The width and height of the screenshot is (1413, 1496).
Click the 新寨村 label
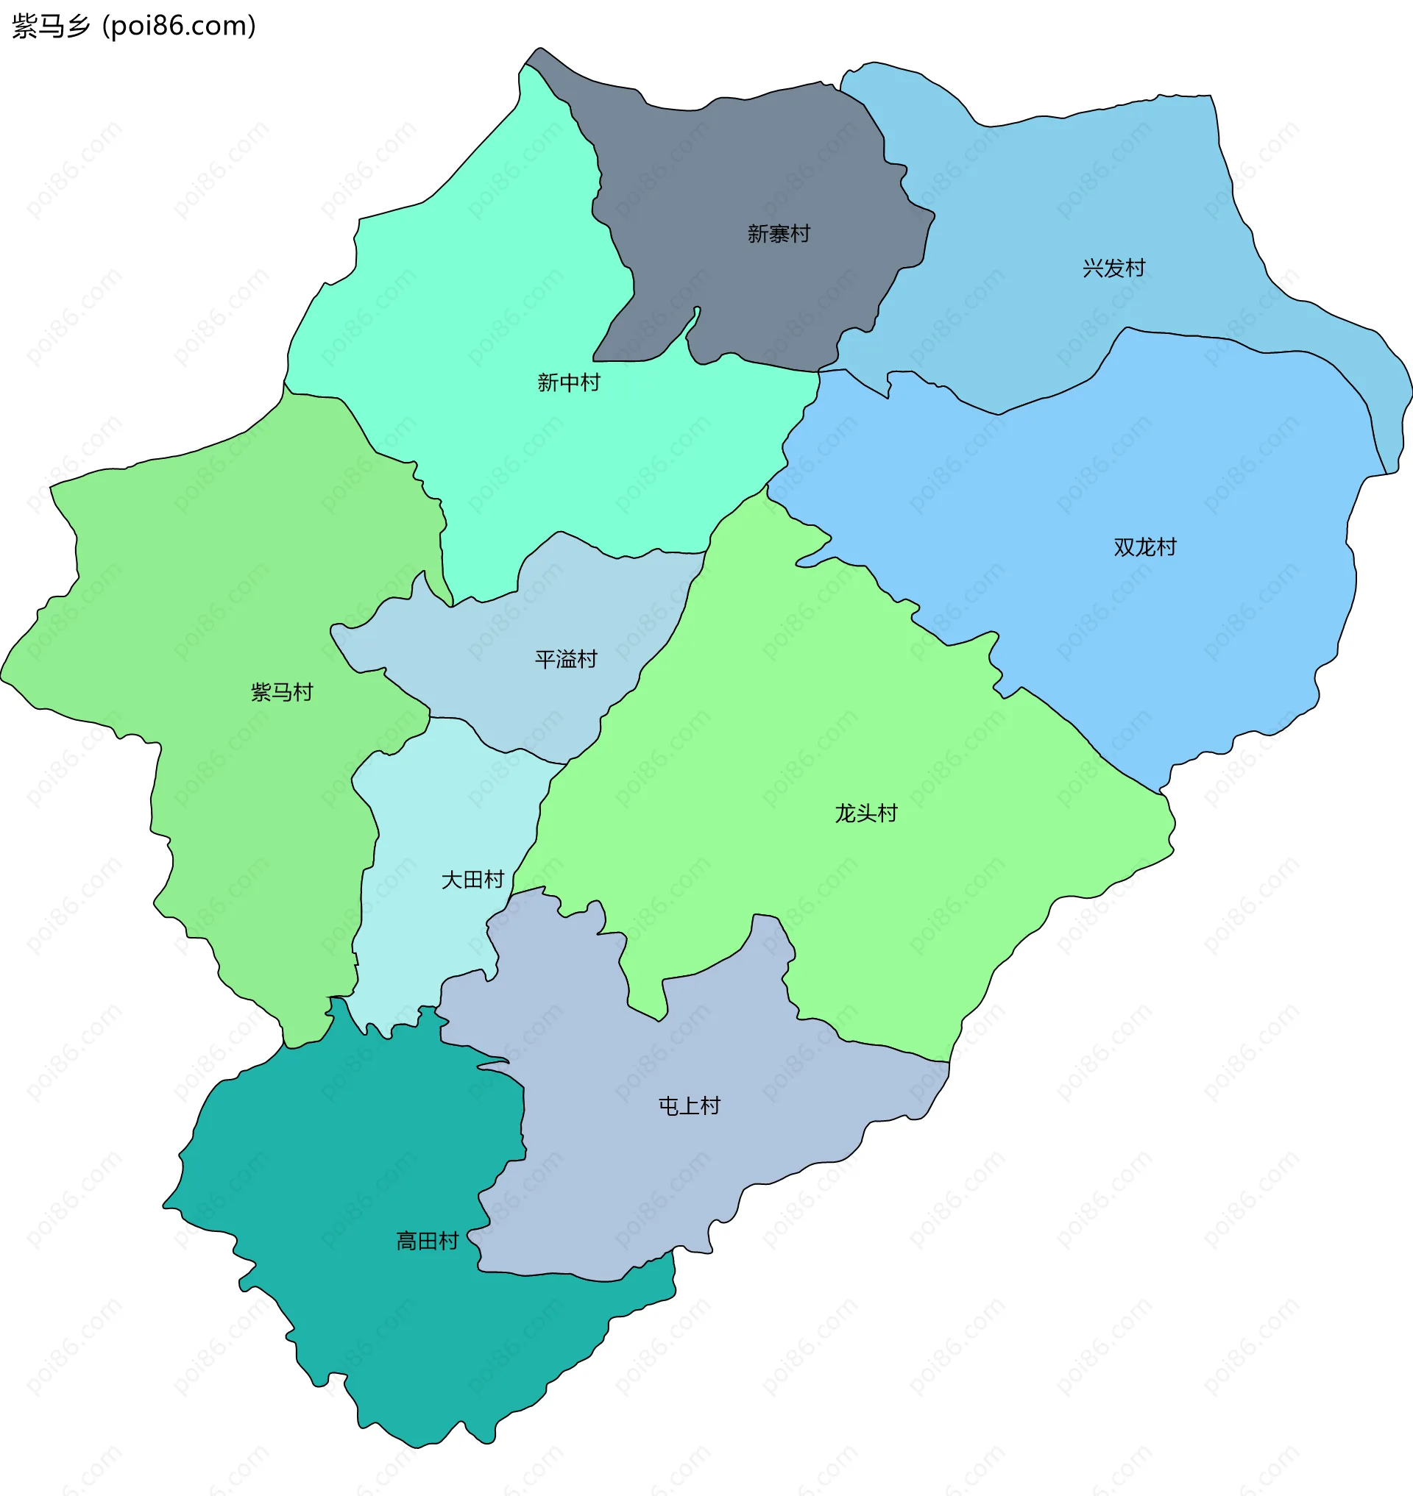tap(778, 234)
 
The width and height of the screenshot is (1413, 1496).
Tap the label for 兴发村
tap(1113, 268)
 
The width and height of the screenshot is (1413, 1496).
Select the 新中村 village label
tap(568, 382)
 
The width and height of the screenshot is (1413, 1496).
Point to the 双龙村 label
tap(1144, 546)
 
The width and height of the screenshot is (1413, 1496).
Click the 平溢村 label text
tap(566, 660)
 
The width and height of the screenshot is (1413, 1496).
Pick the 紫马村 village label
tap(282, 692)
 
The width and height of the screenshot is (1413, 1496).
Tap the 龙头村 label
tap(865, 813)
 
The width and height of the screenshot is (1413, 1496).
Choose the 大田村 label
tap(472, 880)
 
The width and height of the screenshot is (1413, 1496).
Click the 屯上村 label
tap(688, 1105)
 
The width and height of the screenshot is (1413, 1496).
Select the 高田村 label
tap(427, 1241)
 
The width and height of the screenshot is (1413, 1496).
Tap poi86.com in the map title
tap(180, 26)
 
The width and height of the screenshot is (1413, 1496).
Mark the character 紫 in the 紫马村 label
tap(261, 692)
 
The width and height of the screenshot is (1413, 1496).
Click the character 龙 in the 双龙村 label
tap(1145, 546)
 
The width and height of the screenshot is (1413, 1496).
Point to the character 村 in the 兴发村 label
tap(1134, 268)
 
